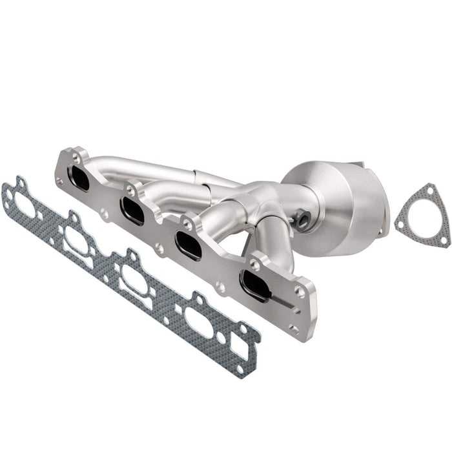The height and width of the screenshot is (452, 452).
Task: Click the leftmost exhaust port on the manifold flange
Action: coord(79,178)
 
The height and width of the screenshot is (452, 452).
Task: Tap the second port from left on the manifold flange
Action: coord(133,211)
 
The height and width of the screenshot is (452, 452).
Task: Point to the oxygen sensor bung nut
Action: coord(302,221)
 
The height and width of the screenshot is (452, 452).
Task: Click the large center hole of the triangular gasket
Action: coord(422,216)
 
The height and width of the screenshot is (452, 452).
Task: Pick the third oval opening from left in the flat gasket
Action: coord(135,279)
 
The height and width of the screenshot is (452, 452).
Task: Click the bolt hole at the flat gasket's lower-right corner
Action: coord(240,369)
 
